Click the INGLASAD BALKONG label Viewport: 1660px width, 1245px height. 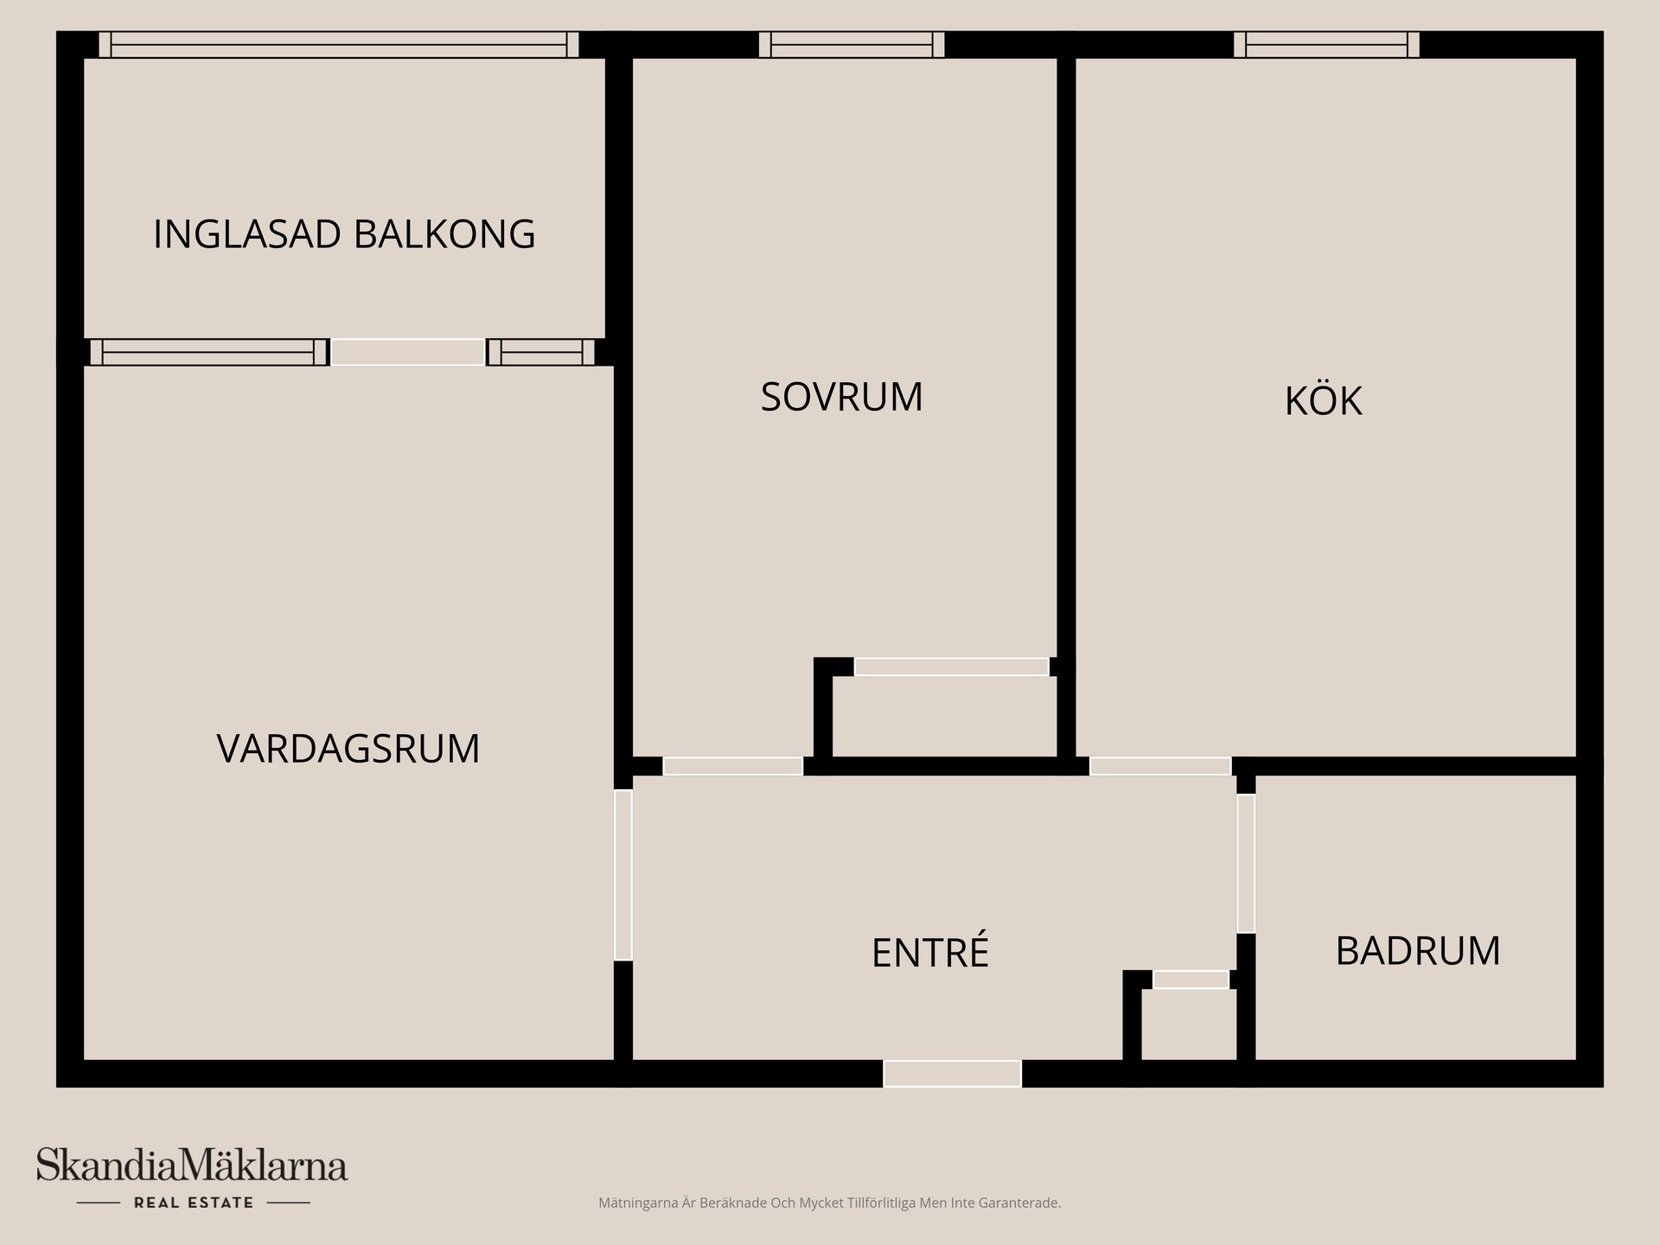(x=344, y=234)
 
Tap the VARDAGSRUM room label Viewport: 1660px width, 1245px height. (x=348, y=749)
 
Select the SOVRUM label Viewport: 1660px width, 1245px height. (x=841, y=397)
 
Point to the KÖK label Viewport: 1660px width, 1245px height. (x=1323, y=401)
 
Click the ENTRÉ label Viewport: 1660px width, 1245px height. (x=929, y=953)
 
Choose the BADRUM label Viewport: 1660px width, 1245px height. (x=1417, y=950)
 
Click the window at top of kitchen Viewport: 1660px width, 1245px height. (x=1326, y=45)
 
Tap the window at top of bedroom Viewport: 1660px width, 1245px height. (x=851, y=45)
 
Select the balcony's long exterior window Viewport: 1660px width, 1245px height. (x=338, y=45)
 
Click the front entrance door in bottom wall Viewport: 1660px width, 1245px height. (x=952, y=1074)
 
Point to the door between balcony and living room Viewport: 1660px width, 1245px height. (x=408, y=352)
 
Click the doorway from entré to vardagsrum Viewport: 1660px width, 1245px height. (x=623, y=874)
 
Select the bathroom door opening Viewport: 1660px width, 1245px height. (x=1246, y=863)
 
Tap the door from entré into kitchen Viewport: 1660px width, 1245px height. (x=1159, y=766)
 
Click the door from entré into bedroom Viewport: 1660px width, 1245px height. (x=732, y=766)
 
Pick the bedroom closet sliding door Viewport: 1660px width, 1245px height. (x=951, y=667)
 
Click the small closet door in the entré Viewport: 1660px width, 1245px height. (x=1191, y=980)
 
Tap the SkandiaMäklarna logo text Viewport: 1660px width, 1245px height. (x=192, y=1166)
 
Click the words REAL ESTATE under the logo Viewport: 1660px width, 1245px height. (x=194, y=1203)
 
